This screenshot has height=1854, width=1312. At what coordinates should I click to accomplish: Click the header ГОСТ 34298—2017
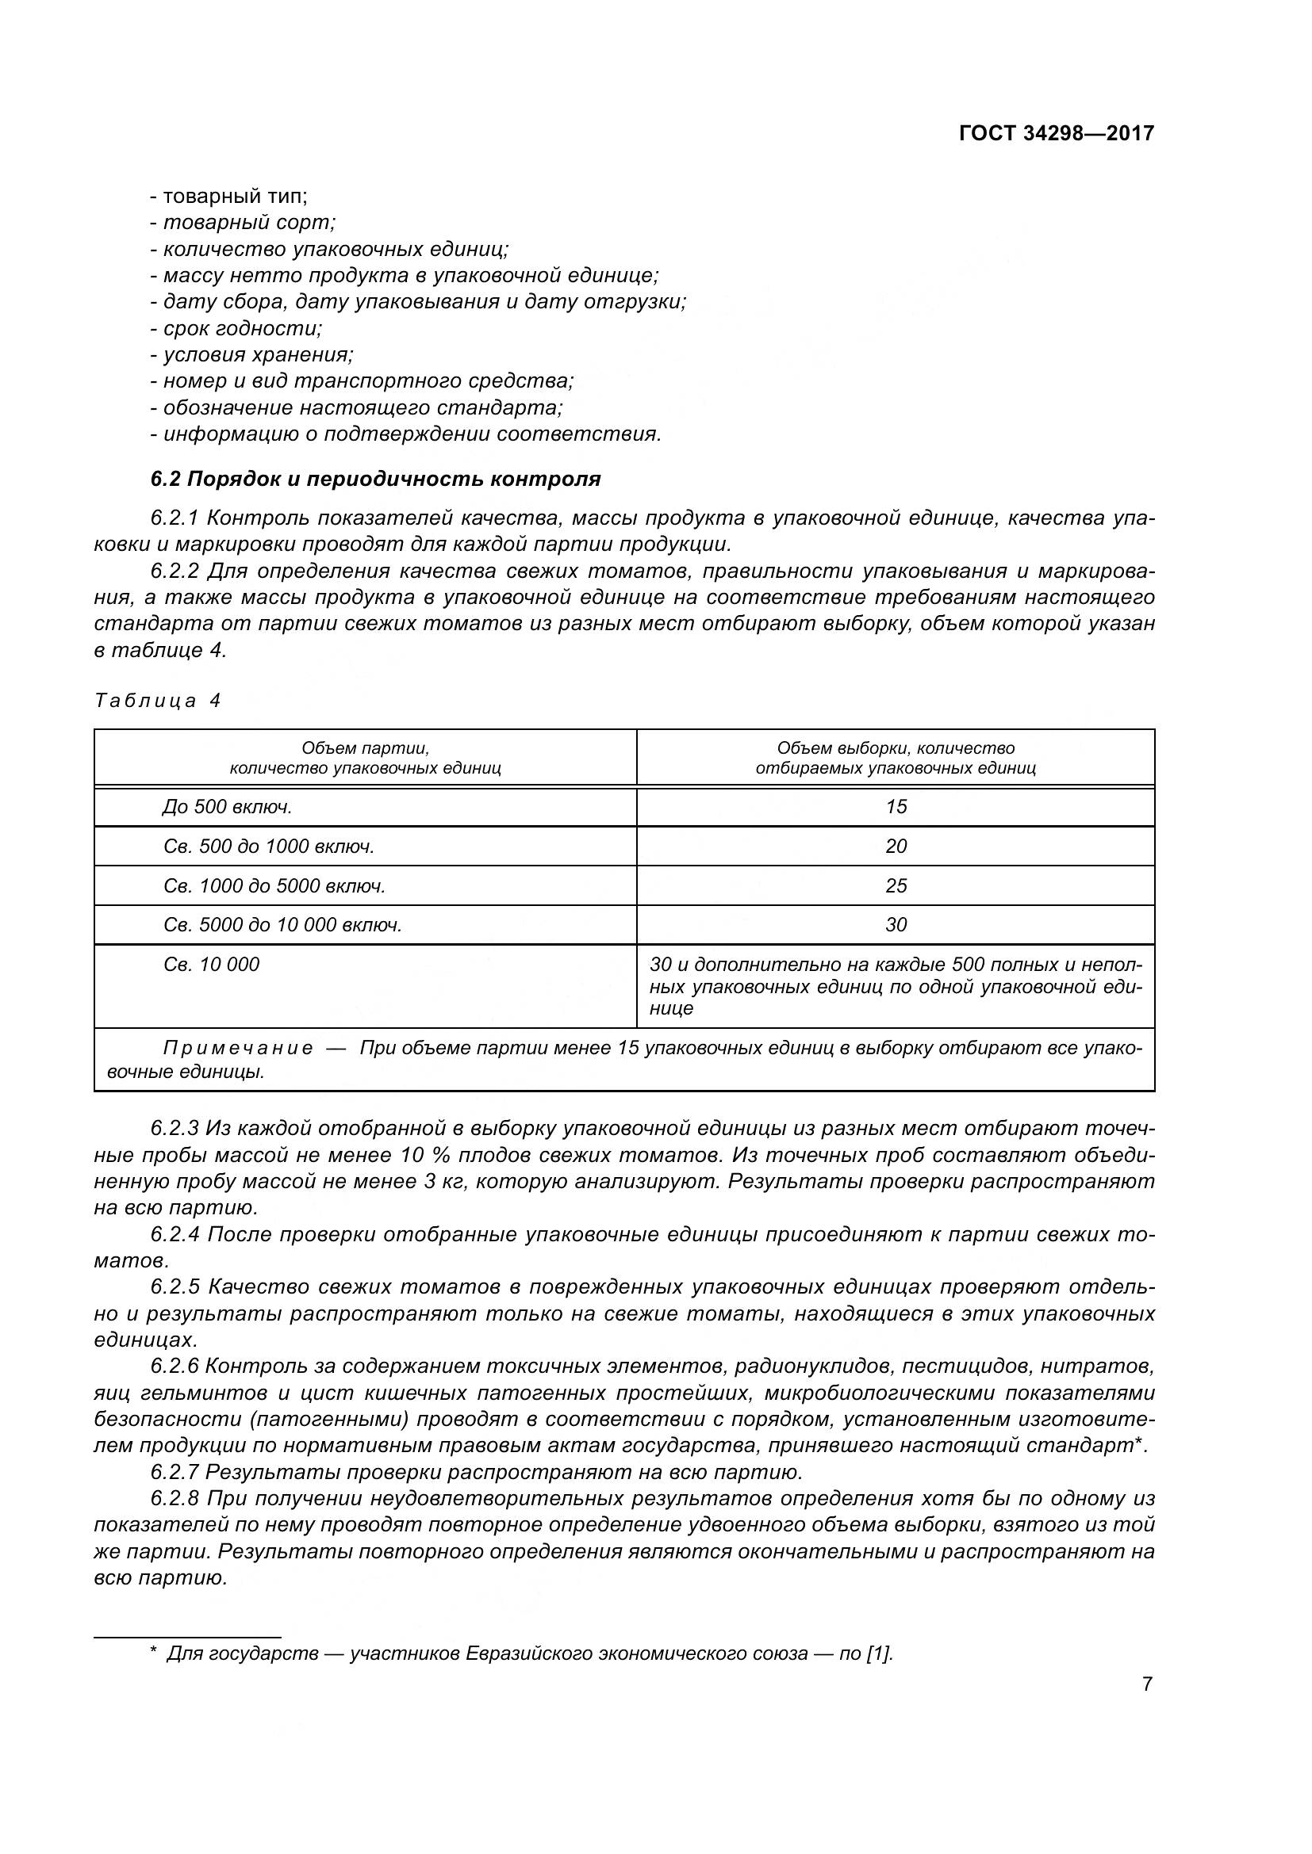1056,133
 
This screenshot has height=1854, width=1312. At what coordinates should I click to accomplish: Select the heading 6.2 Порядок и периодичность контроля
376,479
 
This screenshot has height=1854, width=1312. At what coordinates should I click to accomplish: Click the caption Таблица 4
158,700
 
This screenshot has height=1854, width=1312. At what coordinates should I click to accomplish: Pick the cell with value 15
896,807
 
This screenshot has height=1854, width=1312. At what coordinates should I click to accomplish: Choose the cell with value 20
896,847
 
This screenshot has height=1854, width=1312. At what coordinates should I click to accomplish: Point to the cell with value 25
896,886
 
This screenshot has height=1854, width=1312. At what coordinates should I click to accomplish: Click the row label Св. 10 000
211,964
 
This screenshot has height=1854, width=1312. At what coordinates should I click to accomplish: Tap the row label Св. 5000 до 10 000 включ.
282,924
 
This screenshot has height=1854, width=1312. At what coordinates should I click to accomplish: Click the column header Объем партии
365,758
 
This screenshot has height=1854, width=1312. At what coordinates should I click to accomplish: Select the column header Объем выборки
895,758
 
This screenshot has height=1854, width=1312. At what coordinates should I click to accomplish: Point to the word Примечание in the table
237,1048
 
